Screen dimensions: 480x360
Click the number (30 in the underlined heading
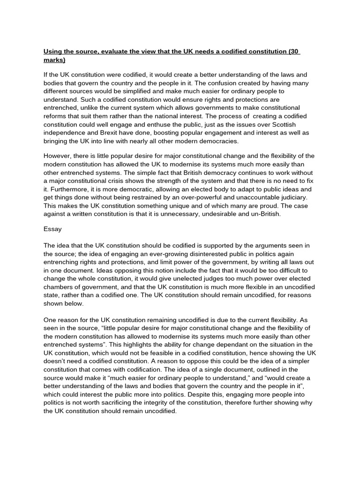pos(294,51)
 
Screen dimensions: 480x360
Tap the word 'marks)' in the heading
pos(54,60)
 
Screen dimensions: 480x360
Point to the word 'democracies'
pos(216,141)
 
